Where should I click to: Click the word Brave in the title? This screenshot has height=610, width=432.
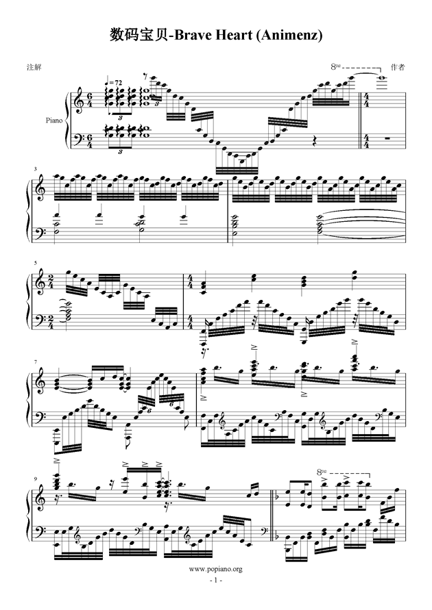189,35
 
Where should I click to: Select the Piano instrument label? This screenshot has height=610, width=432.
53,120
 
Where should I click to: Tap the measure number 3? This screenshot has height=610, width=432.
36,168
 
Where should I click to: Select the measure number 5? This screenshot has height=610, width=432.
36,264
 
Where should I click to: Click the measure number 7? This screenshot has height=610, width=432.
36,362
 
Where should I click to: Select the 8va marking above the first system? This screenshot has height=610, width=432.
335,66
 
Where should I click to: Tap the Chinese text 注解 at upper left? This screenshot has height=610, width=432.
34,67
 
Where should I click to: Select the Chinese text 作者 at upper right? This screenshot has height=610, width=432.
398,67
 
